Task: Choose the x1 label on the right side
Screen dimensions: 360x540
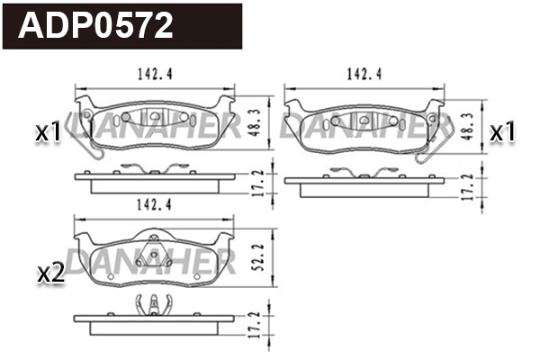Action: click(501, 132)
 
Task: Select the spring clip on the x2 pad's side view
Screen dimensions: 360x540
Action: click(154, 308)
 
